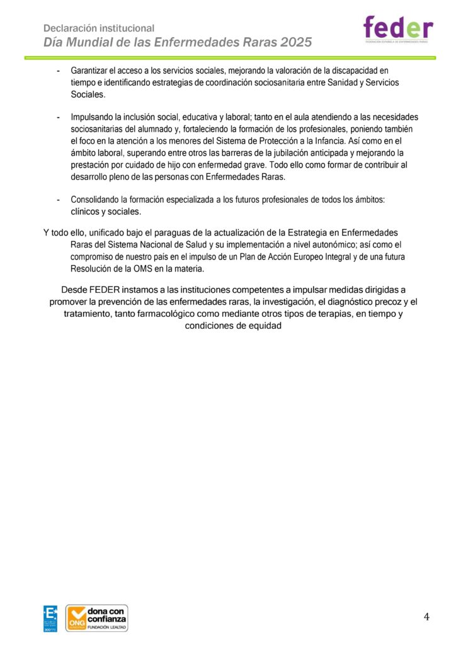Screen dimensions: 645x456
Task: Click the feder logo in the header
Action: coord(398,29)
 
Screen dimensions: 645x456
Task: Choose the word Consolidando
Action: coord(95,200)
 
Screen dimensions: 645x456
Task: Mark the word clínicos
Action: coord(86,211)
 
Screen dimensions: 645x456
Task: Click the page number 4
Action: coord(426,617)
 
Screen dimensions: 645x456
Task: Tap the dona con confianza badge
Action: coord(97,618)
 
